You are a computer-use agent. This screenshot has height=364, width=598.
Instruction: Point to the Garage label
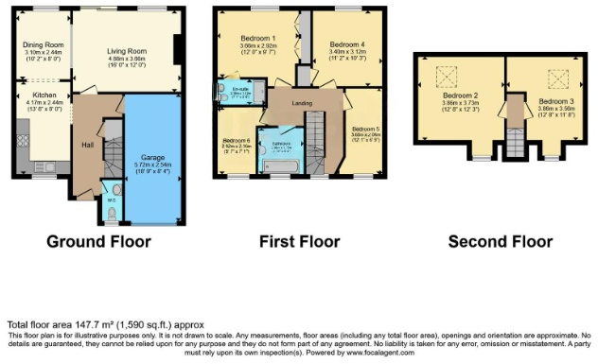pyautogui.click(x=152, y=157)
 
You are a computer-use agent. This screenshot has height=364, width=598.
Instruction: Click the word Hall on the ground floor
pyautogui.click(x=87, y=145)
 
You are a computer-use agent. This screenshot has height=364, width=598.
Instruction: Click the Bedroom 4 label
pyautogui.click(x=346, y=43)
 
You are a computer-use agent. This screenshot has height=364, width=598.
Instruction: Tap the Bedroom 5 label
pyautogui.click(x=364, y=129)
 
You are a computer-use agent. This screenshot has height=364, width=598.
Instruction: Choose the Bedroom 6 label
pyautogui.click(x=236, y=140)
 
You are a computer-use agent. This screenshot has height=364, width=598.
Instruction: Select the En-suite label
pyautogui.click(x=240, y=90)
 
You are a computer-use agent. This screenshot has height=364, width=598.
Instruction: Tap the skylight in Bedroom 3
pyautogui.click(x=557, y=77)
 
